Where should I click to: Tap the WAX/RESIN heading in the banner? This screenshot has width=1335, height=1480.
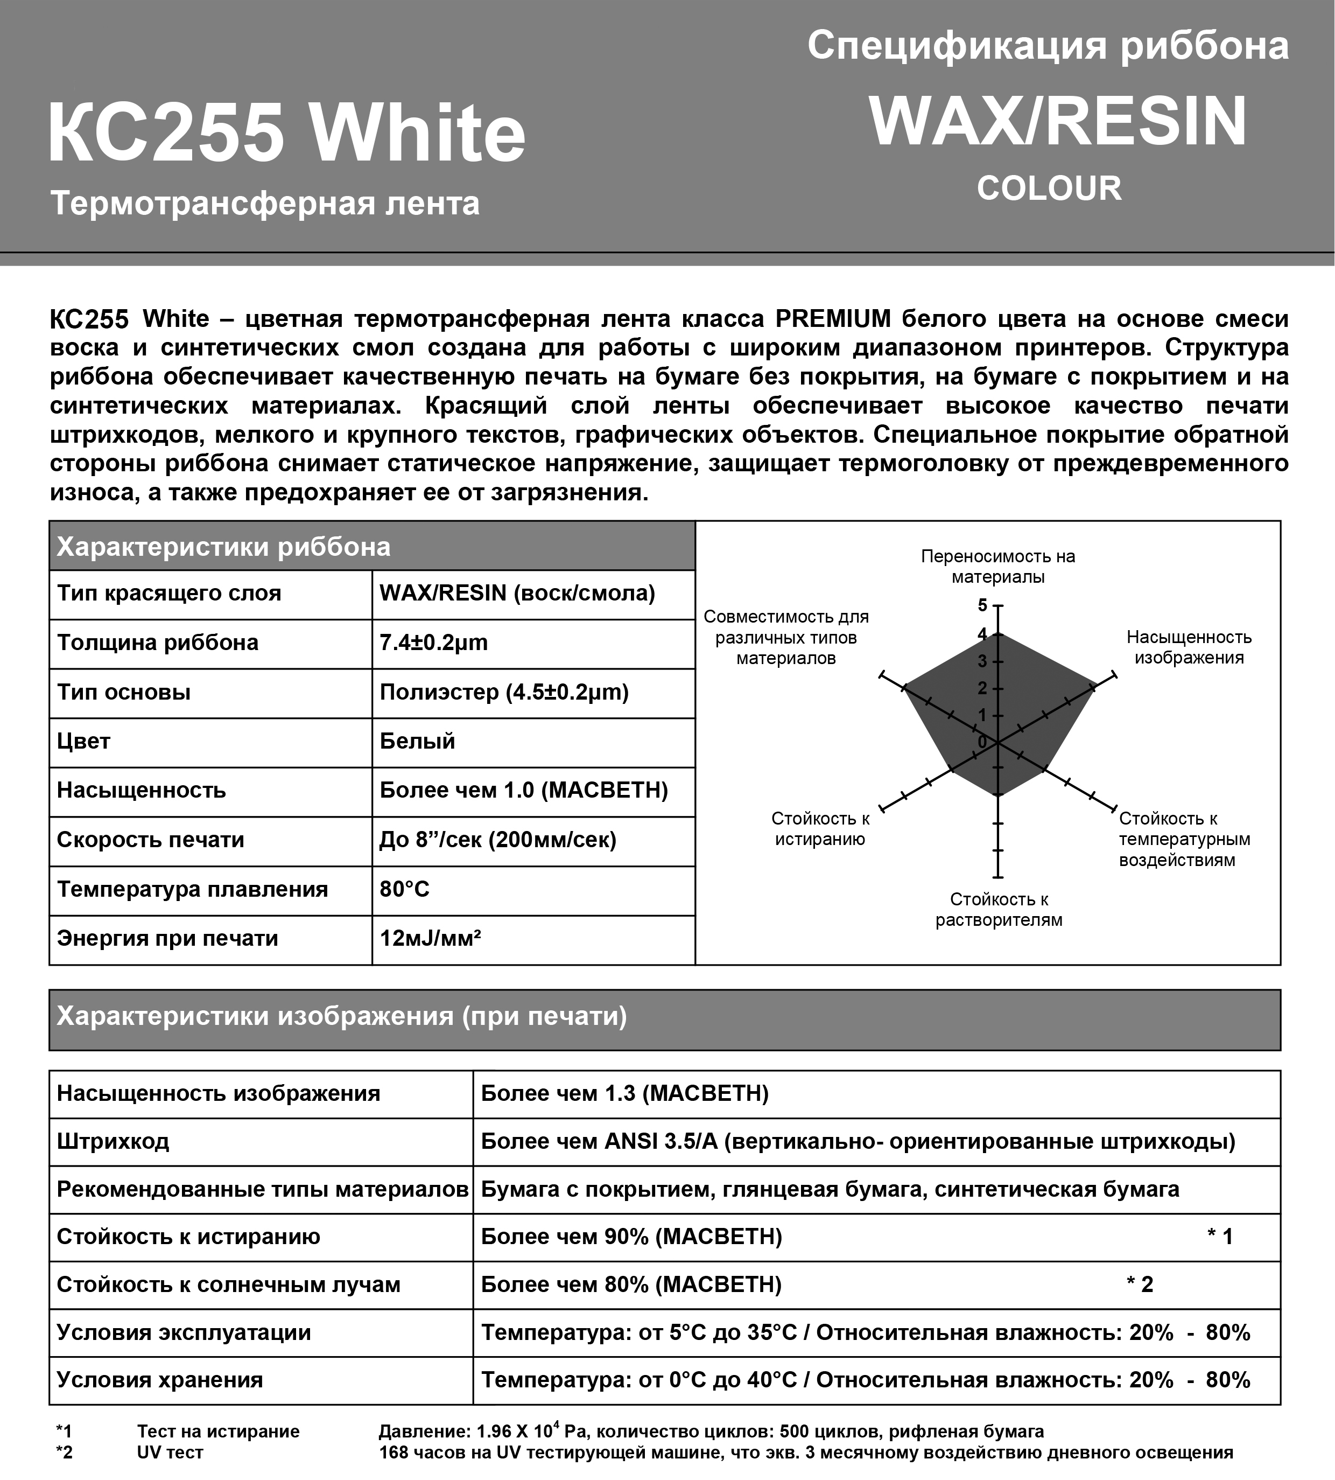click(1058, 122)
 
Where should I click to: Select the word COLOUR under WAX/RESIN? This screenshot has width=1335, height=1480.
click(1049, 189)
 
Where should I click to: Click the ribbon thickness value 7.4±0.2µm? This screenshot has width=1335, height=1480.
click(433, 643)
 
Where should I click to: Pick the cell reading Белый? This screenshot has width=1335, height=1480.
click(417, 741)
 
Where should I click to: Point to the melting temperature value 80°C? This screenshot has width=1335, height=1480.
click(404, 889)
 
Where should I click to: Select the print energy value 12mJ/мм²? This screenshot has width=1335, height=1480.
click(430, 939)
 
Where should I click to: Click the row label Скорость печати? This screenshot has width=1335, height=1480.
click(150, 840)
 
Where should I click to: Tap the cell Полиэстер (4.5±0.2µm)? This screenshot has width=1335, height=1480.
click(504, 692)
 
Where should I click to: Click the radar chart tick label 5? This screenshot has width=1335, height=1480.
click(982, 605)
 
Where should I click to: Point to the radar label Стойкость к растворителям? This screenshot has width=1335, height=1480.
click(999, 909)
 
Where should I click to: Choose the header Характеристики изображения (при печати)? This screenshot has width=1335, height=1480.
click(342, 1016)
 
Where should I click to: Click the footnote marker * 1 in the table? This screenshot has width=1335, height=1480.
click(1220, 1237)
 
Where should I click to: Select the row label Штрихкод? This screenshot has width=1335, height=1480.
click(113, 1141)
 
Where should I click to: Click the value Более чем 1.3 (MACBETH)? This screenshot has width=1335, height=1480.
click(624, 1093)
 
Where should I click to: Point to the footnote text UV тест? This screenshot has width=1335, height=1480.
click(170, 1452)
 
